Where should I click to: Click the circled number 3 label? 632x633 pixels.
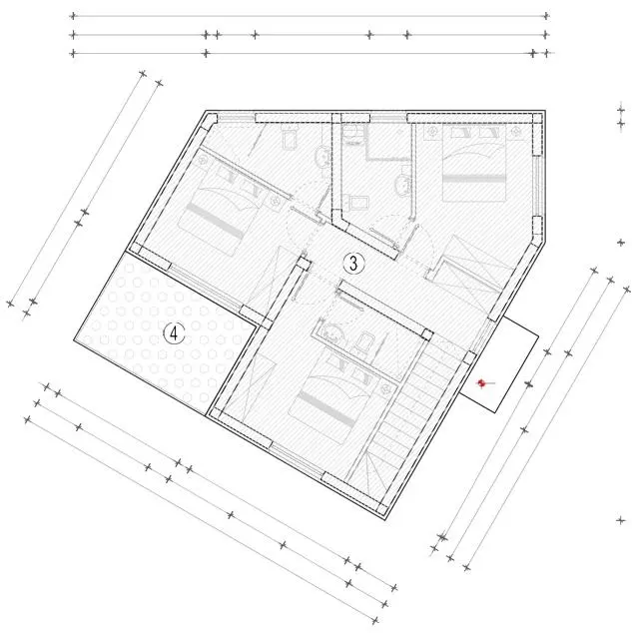point(351,263)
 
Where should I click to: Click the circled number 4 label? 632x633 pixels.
point(175,333)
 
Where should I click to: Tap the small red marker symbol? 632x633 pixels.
point(481,381)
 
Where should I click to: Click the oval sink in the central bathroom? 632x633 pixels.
point(401,184)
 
